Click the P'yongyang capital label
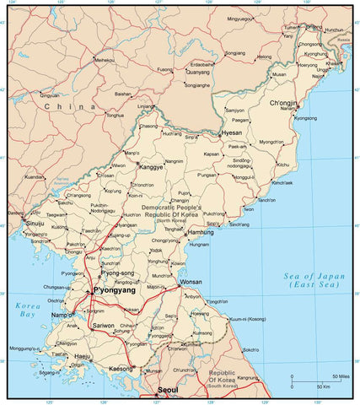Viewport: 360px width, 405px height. point(117,291)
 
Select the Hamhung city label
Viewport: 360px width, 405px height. point(200,231)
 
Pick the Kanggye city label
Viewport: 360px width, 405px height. point(150,167)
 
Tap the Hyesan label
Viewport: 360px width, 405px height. point(231,133)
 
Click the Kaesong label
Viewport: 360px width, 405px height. point(121,369)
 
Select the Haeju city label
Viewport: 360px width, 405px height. point(83,356)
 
